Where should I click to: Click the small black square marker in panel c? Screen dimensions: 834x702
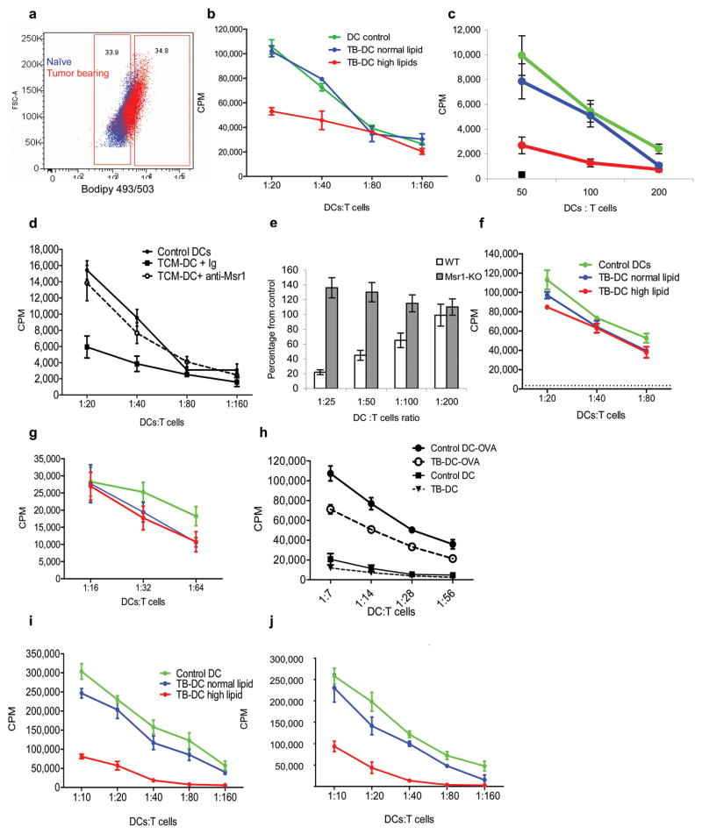[521, 175]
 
